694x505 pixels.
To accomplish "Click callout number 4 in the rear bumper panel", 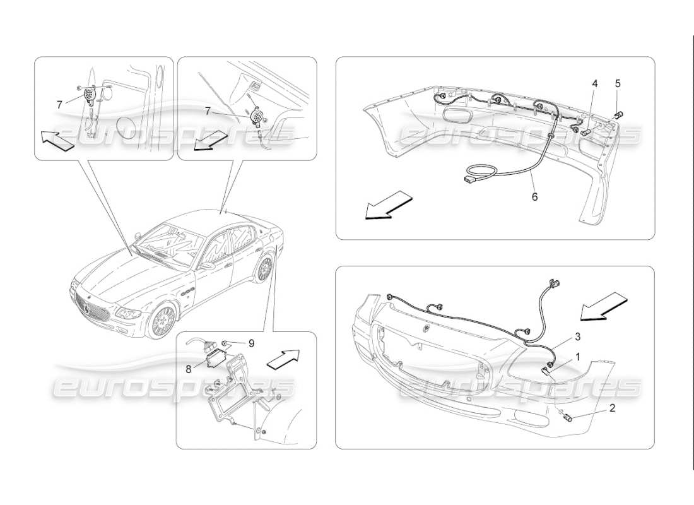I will tap(594, 83).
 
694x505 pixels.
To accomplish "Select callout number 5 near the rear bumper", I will tap(618, 83).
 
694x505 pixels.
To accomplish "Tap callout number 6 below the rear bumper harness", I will tap(534, 196).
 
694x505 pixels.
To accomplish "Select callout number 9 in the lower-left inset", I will tap(250, 343).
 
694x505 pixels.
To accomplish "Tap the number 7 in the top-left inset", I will tap(60, 104).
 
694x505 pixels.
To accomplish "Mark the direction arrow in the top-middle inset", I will tap(209, 140).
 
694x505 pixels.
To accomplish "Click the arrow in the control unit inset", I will tap(283, 358).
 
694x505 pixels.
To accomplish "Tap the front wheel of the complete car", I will tap(163, 321).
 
